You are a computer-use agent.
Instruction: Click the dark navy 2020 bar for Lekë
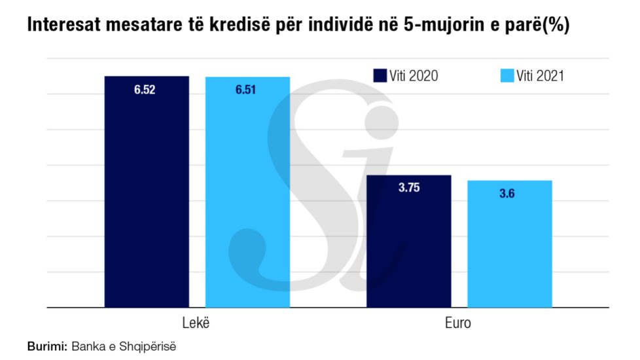click(x=147, y=196)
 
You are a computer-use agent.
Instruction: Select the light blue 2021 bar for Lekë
click(x=247, y=196)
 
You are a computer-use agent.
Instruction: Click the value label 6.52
click(x=145, y=90)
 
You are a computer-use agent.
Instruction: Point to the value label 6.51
click(x=246, y=90)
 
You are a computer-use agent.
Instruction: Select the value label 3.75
click(x=408, y=188)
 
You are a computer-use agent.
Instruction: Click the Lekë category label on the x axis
click(x=197, y=324)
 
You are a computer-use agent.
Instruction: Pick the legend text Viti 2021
click(x=540, y=76)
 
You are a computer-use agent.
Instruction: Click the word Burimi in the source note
click(x=47, y=345)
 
